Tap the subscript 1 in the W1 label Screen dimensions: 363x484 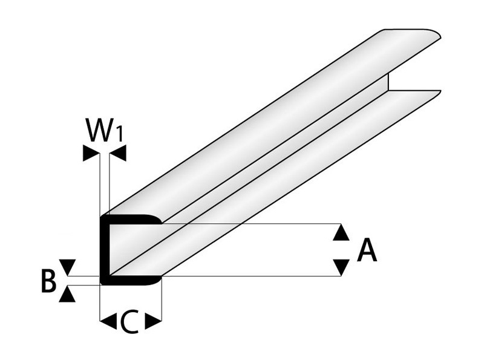pyautogui.click(x=119, y=134)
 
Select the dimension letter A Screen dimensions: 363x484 pyautogui.click(x=367, y=250)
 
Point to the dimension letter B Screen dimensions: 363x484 pyautogui.click(x=49, y=281)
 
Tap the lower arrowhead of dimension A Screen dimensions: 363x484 pyautogui.click(x=342, y=267)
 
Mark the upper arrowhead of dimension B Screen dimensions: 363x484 pyautogui.click(x=69, y=266)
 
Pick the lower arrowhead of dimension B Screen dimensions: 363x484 pyautogui.click(x=69, y=294)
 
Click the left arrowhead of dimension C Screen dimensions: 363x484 pyautogui.click(x=108, y=321)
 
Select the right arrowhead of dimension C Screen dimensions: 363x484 pyautogui.click(x=154, y=321)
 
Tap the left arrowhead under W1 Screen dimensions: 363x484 pyautogui.click(x=90, y=154)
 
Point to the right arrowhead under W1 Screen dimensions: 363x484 pyautogui.click(x=118, y=154)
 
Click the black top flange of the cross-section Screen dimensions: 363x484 pyautogui.click(x=130, y=219)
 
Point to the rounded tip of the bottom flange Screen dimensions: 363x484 pyautogui.click(x=159, y=279)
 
